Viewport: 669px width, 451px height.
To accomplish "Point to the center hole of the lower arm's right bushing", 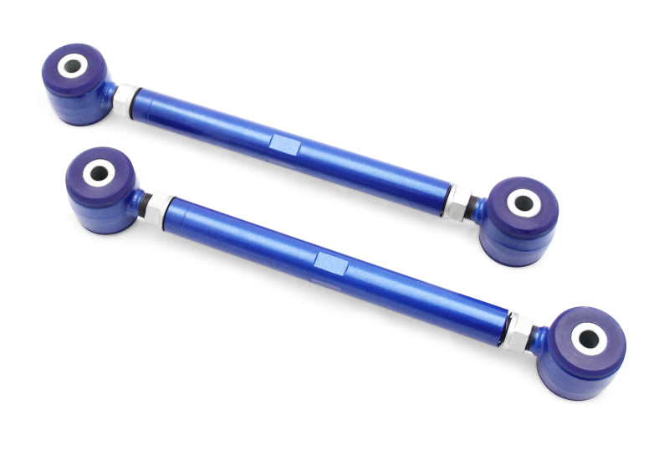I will click(589, 339).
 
